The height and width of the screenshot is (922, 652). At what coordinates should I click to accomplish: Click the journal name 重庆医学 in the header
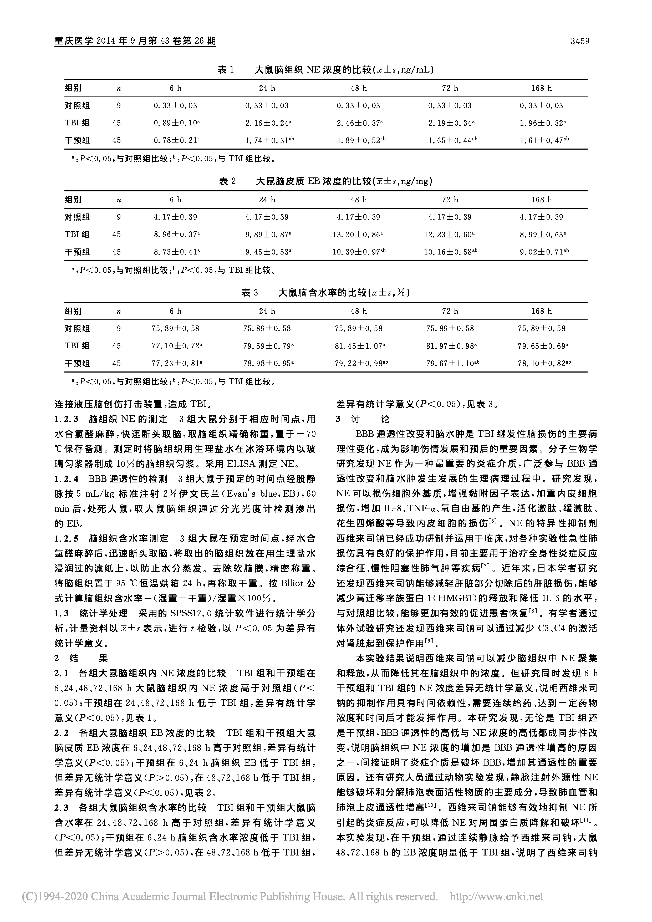pos(74,41)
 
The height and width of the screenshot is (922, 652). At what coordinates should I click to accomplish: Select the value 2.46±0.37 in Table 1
pos(358,123)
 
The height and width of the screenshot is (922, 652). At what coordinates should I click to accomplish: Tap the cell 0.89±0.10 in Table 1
pos(175,123)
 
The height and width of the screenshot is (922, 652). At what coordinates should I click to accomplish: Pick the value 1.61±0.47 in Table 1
pos(542,141)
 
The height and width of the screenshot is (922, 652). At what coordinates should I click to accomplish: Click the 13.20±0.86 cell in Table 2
pos(357,235)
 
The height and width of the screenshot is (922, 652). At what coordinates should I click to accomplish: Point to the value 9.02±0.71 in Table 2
pos(542,252)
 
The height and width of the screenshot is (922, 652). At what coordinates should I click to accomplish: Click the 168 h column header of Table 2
pos(542,200)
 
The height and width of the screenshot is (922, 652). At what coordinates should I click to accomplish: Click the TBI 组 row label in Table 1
pos(77,123)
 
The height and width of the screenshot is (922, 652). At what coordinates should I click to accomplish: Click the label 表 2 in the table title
pos(227,181)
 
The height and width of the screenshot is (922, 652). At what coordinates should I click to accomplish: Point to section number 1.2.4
pos(67,479)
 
